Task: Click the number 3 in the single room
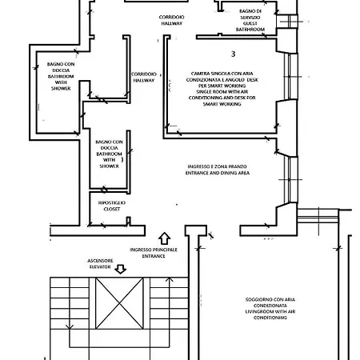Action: pos(233,54)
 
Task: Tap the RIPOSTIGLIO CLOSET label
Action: pos(112,206)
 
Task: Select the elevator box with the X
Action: pos(119,303)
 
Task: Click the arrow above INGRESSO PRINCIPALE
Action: pos(165,238)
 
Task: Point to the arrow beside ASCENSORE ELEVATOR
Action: pos(121,270)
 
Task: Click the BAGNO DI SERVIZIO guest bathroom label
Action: pos(250,20)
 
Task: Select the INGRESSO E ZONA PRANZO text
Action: pos(217,166)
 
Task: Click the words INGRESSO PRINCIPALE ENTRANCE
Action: pos(154,253)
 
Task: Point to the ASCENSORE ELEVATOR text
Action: pos(100,264)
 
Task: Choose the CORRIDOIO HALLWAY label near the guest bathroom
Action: pos(171,20)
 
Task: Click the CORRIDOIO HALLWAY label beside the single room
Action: pos(144,77)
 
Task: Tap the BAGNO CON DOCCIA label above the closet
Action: pos(109,154)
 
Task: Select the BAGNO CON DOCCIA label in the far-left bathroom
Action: pos(61,76)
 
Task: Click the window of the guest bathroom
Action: pos(287,22)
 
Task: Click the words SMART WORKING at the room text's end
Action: pos(222,104)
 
